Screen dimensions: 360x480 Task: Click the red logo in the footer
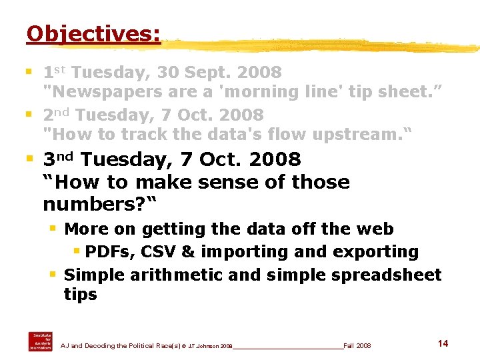pos(39,341)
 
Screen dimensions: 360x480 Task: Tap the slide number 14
pos(443,343)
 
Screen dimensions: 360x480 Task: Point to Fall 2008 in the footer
pos(357,345)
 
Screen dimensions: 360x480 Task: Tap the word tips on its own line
pos(80,294)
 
